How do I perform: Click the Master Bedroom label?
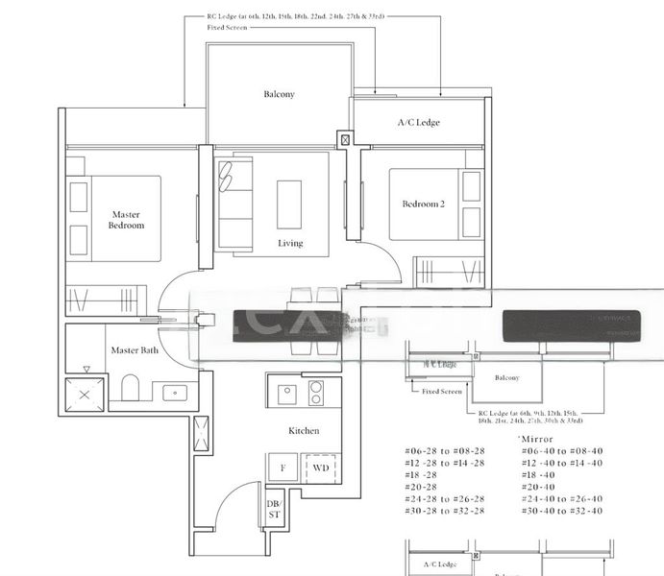127,220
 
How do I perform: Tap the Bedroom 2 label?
423,204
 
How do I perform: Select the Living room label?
290,243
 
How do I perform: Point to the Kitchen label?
304,431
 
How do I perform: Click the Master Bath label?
135,350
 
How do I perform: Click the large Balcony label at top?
279,94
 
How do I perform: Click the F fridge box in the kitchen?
283,468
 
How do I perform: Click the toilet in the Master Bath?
132,388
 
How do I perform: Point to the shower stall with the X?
84,394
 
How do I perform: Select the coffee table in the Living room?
289,204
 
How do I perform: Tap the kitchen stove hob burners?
315,393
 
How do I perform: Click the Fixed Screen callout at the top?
227,28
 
